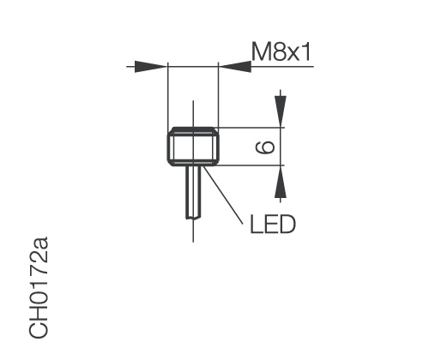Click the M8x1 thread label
click(x=281, y=52)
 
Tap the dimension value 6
click(x=267, y=147)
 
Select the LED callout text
click(x=273, y=225)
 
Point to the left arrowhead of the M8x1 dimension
click(x=155, y=65)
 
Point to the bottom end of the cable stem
click(x=193, y=218)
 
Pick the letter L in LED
click(x=257, y=225)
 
